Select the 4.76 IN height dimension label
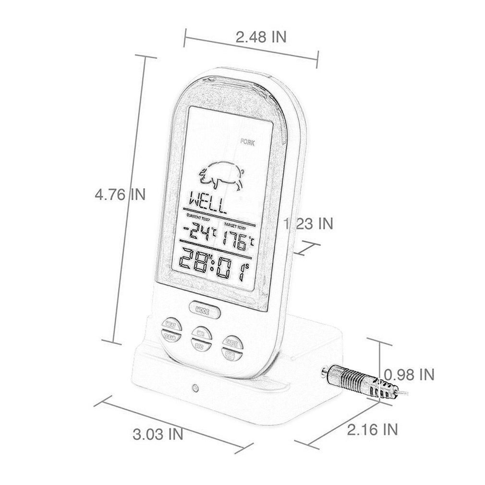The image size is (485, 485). [120, 194]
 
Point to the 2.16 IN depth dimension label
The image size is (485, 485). [372, 429]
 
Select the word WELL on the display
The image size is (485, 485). [207, 203]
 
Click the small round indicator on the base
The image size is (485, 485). [194, 387]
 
